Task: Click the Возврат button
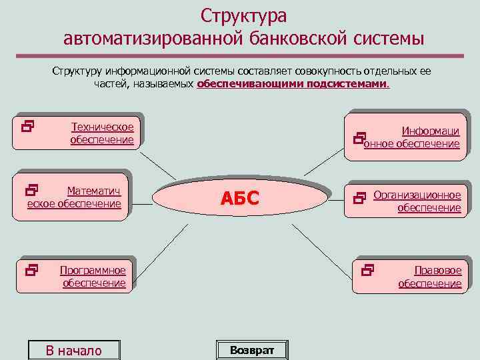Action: (252, 350)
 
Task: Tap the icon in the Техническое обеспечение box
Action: (27, 124)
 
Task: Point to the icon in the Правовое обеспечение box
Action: (367, 270)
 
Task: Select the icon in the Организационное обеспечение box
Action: (361, 197)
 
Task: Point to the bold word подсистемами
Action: (347, 84)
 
